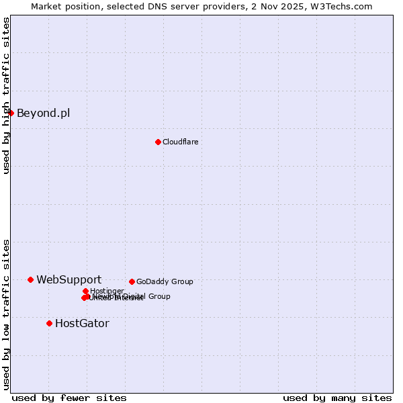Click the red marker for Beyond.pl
pos(11,113)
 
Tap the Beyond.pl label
pos(43,113)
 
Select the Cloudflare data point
pos(158,142)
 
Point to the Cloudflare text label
pos(180,142)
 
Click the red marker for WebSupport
pos(31,279)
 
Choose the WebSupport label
pos(69,279)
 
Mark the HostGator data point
pos(49,323)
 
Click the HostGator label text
pos(82,323)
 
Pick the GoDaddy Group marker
pos(132,281)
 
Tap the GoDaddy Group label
pos(165,281)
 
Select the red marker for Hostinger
pos(85,291)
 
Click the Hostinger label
pos(107,291)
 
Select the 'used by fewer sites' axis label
pos(69,398)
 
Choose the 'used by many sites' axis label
pos(337,398)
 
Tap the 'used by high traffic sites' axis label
pos(6,96)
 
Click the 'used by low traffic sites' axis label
pos(6,314)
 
